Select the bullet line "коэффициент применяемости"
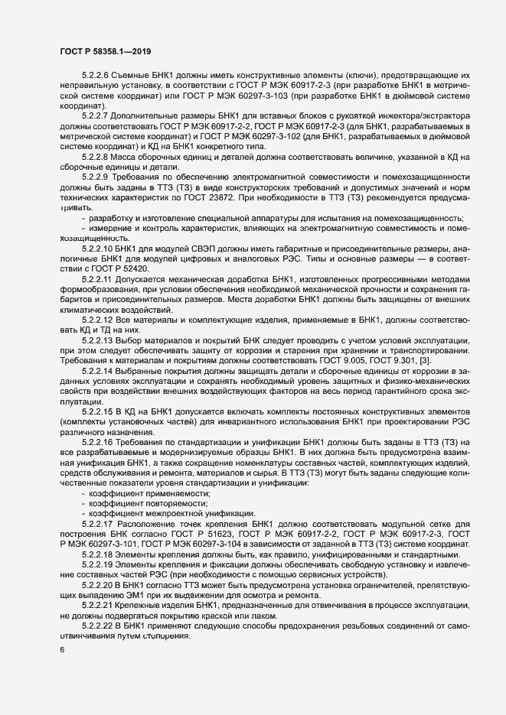(x=145, y=494)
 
